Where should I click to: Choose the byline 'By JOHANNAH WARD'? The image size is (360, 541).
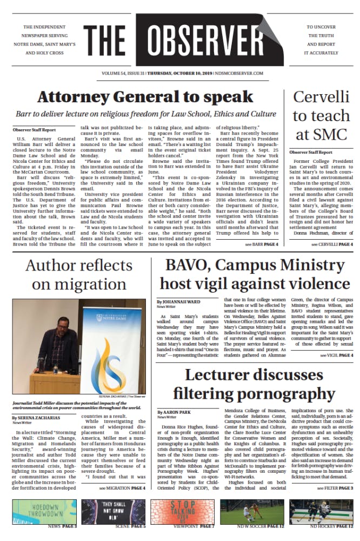(178, 301)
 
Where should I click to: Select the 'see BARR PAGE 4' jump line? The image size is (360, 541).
(262, 245)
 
